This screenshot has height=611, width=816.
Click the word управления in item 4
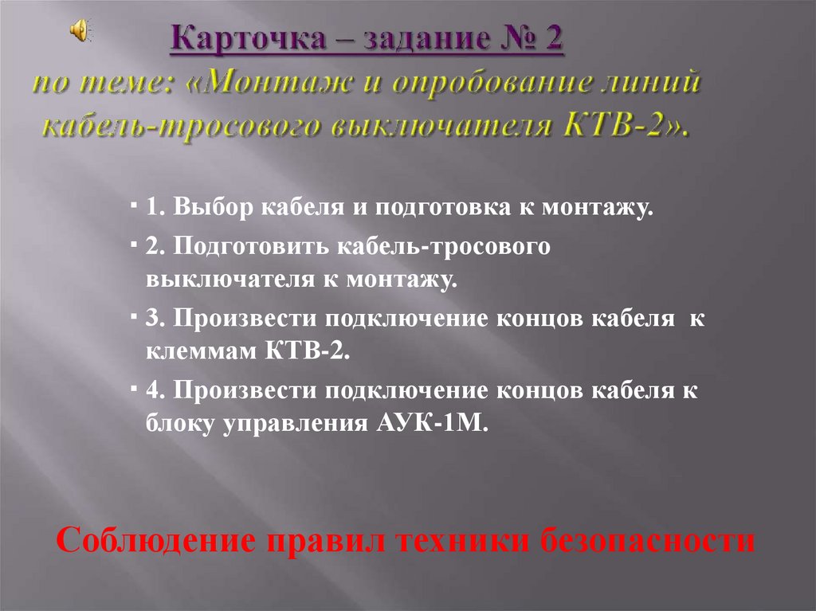point(290,423)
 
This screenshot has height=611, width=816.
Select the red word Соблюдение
point(156,542)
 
